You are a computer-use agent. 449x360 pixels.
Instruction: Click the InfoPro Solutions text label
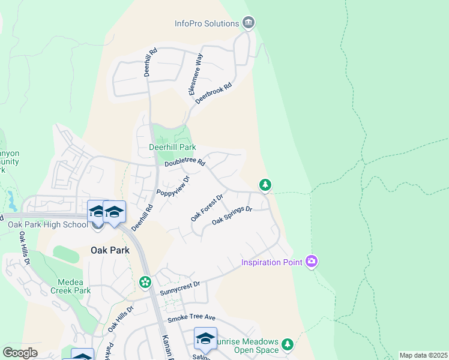coord(207,23)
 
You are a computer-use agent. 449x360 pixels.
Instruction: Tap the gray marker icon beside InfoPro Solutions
coord(249,23)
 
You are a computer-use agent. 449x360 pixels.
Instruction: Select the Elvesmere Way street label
coord(196,74)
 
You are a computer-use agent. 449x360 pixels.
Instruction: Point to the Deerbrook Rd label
coord(213,95)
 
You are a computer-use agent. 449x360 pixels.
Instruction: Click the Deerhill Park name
coord(172,147)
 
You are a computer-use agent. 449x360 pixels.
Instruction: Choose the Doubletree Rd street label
coord(185,163)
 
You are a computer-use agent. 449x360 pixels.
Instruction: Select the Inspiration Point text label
coord(272,262)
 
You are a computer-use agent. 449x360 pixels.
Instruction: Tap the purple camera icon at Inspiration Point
coord(312,262)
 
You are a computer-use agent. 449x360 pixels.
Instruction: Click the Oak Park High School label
coord(48,225)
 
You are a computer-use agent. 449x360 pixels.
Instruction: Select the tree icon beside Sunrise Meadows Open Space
coord(288,344)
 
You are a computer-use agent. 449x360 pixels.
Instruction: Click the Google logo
coord(20,353)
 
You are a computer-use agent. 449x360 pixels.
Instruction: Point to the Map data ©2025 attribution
coord(423,355)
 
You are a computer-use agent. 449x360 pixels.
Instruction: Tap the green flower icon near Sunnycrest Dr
coord(145,281)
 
